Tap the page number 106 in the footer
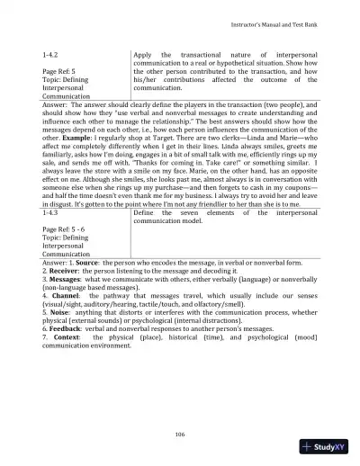point(180,435)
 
